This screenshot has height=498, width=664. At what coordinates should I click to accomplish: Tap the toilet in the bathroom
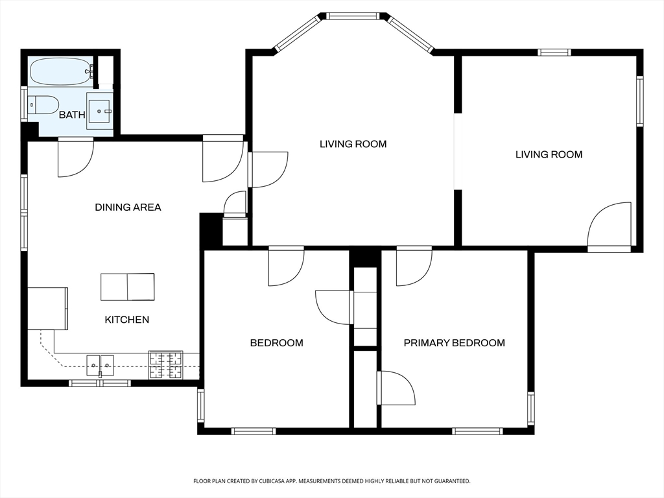(x=43, y=104)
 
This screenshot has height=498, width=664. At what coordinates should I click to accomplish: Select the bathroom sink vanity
(x=100, y=111)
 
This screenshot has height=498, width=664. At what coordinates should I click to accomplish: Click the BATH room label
(x=72, y=115)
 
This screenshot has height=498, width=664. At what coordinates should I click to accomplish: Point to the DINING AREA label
(x=128, y=207)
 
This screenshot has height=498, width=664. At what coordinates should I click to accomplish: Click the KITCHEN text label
(x=127, y=319)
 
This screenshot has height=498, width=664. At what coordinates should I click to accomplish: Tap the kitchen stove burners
(x=165, y=365)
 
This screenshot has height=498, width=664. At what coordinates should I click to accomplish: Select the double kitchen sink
(x=101, y=366)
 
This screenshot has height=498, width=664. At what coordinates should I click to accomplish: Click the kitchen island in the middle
(x=128, y=287)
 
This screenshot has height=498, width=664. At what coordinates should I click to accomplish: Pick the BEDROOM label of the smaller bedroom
(x=276, y=342)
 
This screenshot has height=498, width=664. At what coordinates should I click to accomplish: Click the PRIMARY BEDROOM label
(x=455, y=342)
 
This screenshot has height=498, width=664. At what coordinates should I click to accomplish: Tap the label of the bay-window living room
(x=353, y=144)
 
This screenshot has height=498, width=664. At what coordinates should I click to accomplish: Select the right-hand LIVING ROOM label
(x=549, y=154)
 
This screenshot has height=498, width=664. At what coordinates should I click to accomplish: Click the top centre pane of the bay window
(x=353, y=16)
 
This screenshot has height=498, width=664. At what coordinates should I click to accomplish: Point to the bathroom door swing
(x=76, y=157)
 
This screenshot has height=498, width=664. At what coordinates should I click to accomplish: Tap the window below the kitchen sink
(x=100, y=383)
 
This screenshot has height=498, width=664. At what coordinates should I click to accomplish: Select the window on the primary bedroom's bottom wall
(x=477, y=431)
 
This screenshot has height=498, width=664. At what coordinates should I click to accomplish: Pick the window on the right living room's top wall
(x=554, y=53)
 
